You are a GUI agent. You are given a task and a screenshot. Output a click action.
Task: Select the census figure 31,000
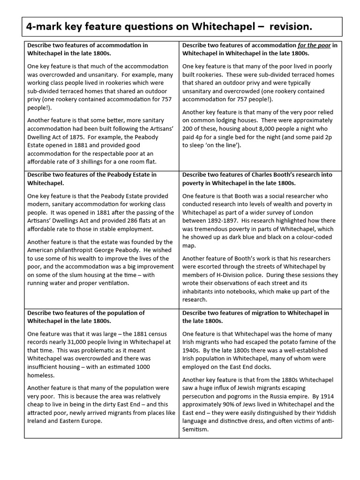[69, 342]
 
